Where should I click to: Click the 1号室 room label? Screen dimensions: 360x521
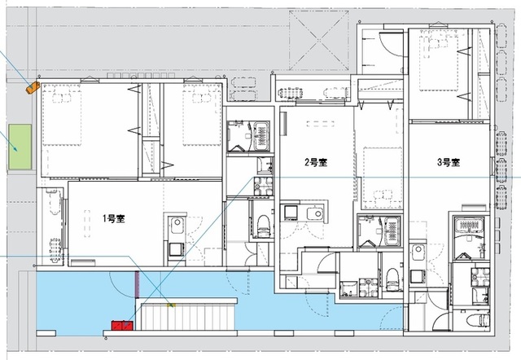(x=112, y=218)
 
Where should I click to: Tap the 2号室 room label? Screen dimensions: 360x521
(x=316, y=162)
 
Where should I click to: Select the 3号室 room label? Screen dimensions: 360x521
(x=449, y=162)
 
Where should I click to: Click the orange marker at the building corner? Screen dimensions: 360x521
(x=33, y=86)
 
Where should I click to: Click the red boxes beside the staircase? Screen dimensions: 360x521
(x=121, y=326)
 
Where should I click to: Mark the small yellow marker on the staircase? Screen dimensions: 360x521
(x=170, y=305)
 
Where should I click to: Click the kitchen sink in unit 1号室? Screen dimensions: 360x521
(x=176, y=226)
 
